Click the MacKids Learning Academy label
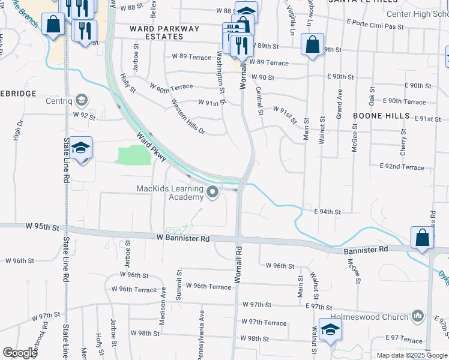(170, 193)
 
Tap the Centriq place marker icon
(82, 101)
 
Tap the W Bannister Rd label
(183, 239)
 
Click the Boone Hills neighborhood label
(381, 115)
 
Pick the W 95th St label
(43, 228)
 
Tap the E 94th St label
(327, 212)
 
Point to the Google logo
(19, 353)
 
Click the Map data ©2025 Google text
(411, 355)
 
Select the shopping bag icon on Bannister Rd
(423, 238)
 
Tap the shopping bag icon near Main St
(313, 44)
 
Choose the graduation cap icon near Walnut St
(330, 329)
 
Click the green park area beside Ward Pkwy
(133, 155)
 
